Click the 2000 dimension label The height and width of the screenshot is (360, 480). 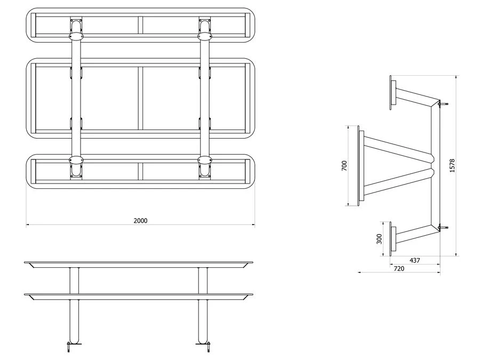coord(140,221)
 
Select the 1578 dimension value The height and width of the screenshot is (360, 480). coord(452,166)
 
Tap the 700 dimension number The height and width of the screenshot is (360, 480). coord(345,166)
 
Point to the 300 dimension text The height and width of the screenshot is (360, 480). coord(379,239)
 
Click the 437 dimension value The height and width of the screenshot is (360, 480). coord(415,260)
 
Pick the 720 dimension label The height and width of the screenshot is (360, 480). coord(399,268)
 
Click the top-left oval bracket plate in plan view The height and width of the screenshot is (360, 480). coord(76,37)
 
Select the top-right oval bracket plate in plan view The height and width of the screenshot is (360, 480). coord(205,37)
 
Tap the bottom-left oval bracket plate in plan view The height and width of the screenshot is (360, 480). coord(76,160)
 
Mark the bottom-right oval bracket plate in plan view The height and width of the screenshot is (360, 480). coord(205,160)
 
